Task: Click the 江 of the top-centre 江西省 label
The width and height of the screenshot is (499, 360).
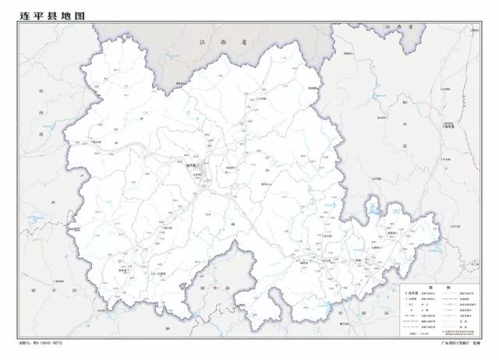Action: tap(202, 44)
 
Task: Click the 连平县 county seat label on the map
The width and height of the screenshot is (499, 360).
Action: tap(191, 165)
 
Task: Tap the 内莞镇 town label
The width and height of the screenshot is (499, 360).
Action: tap(231, 168)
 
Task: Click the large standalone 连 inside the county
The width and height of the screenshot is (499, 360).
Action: tap(236, 224)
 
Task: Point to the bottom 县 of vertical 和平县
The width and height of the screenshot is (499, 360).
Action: tap(405, 146)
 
